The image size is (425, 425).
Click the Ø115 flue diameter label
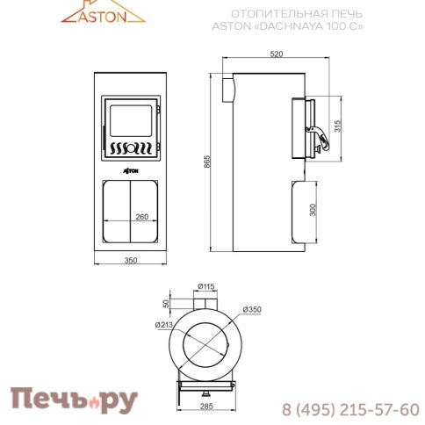(207, 286)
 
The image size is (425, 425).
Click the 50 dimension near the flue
(167, 303)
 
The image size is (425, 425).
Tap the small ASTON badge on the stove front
(130, 164)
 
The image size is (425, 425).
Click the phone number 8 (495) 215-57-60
(350, 409)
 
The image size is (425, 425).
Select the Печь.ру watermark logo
(74, 400)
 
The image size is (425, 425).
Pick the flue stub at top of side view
(227, 88)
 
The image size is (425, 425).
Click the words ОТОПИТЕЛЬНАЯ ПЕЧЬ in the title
(280, 14)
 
